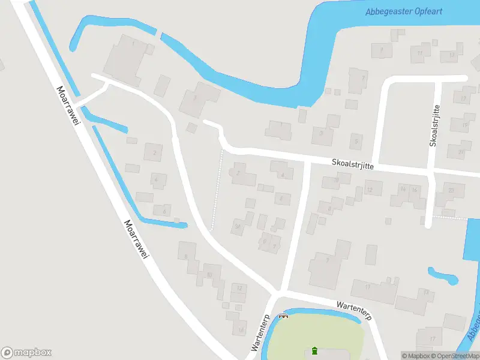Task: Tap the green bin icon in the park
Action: [x=314, y=350]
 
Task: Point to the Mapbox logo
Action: [x=26, y=353]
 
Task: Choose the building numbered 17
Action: [x=431, y=339]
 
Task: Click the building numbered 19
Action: [x=464, y=125]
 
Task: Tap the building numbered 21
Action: [x=460, y=152]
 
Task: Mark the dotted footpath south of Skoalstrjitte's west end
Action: [x=217, y=189]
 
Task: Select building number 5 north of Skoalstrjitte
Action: [x=356, y=142]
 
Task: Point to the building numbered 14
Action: [x=403, y=190]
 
